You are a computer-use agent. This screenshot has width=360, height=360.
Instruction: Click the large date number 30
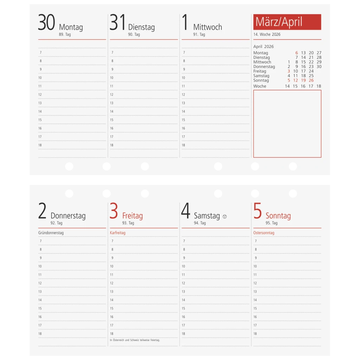coord(46,22)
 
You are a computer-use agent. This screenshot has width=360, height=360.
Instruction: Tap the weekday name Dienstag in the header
coord(141,27)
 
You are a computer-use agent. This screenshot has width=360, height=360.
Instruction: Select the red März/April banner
coord(287,22)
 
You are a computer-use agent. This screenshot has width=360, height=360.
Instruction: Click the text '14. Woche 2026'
coord(267,34)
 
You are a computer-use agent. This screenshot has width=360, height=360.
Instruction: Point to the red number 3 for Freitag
coord(114,211)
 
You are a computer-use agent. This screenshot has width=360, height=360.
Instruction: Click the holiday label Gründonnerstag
coord(51,233)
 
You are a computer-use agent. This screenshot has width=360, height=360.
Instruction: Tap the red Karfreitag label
coord(117,233)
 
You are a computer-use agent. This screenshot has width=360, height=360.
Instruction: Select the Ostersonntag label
coord(264,233)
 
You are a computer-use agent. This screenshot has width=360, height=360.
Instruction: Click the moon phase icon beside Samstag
coord(225,217)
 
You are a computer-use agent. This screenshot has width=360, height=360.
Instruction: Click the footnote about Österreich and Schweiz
coord(135,340)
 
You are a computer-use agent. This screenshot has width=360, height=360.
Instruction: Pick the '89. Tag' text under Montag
coord(65,34)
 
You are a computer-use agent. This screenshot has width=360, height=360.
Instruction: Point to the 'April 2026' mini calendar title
coord(263,47)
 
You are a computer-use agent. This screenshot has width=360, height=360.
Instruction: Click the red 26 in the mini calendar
coord(311,81)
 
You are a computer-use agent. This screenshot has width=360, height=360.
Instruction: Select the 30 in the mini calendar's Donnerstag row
coord(319,66)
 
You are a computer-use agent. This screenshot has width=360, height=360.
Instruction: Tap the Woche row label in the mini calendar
coord(260,86)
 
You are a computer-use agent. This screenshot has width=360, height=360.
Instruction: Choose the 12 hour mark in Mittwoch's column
coord(183,95)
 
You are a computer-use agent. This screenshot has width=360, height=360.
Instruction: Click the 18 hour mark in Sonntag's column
coord(255,334)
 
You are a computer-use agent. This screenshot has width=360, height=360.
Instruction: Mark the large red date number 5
coord(258,211)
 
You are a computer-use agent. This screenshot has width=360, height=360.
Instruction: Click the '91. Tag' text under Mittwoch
coord(199,34)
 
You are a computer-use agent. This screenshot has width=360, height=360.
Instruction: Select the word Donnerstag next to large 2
coord(68,216)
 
